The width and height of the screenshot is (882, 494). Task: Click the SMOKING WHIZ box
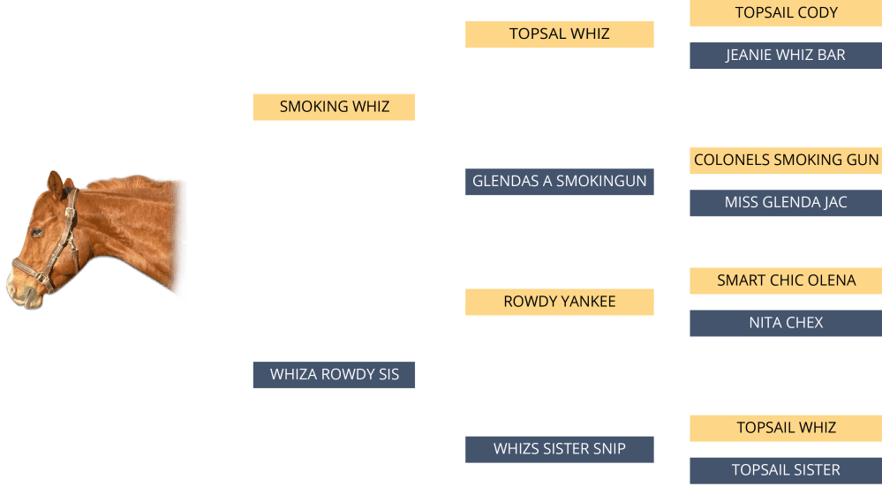(334, 107)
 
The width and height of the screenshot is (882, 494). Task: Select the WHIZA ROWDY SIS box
(334, 375)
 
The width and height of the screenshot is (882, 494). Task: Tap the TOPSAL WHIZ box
(559, 34)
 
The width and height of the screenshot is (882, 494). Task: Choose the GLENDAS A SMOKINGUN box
(559, 182)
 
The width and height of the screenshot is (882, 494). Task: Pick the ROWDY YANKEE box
(559, 302)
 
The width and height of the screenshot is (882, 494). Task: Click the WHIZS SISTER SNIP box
(559, 449)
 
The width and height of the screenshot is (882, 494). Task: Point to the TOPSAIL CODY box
(785, 13)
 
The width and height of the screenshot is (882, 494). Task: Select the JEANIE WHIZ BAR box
(785, 56)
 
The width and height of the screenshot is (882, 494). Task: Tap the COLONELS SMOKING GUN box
(785, 161)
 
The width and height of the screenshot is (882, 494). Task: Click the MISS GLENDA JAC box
(785, 203)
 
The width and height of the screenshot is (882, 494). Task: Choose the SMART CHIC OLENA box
(785, 281)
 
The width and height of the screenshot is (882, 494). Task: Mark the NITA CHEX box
(785, 323)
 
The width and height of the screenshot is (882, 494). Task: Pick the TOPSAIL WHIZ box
(785, 428)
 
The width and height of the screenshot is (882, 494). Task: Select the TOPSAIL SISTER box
(785, 470)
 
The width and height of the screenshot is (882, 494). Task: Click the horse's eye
(37, 232)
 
